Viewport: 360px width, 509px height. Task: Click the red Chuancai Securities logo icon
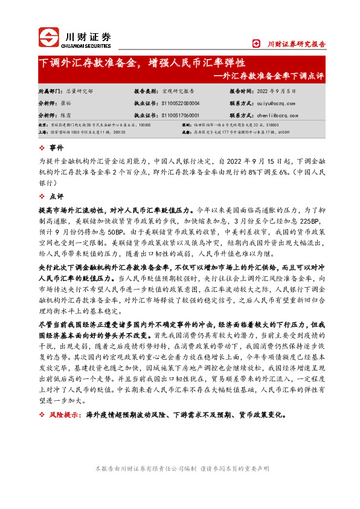(x=48, y=38)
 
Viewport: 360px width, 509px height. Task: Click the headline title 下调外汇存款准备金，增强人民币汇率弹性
(x=141, y=63)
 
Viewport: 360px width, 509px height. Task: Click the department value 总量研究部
(x=80, y=91)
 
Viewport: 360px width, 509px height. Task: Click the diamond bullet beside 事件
(x=42, y=148)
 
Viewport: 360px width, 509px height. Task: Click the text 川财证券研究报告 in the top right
(x=296, y=44)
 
